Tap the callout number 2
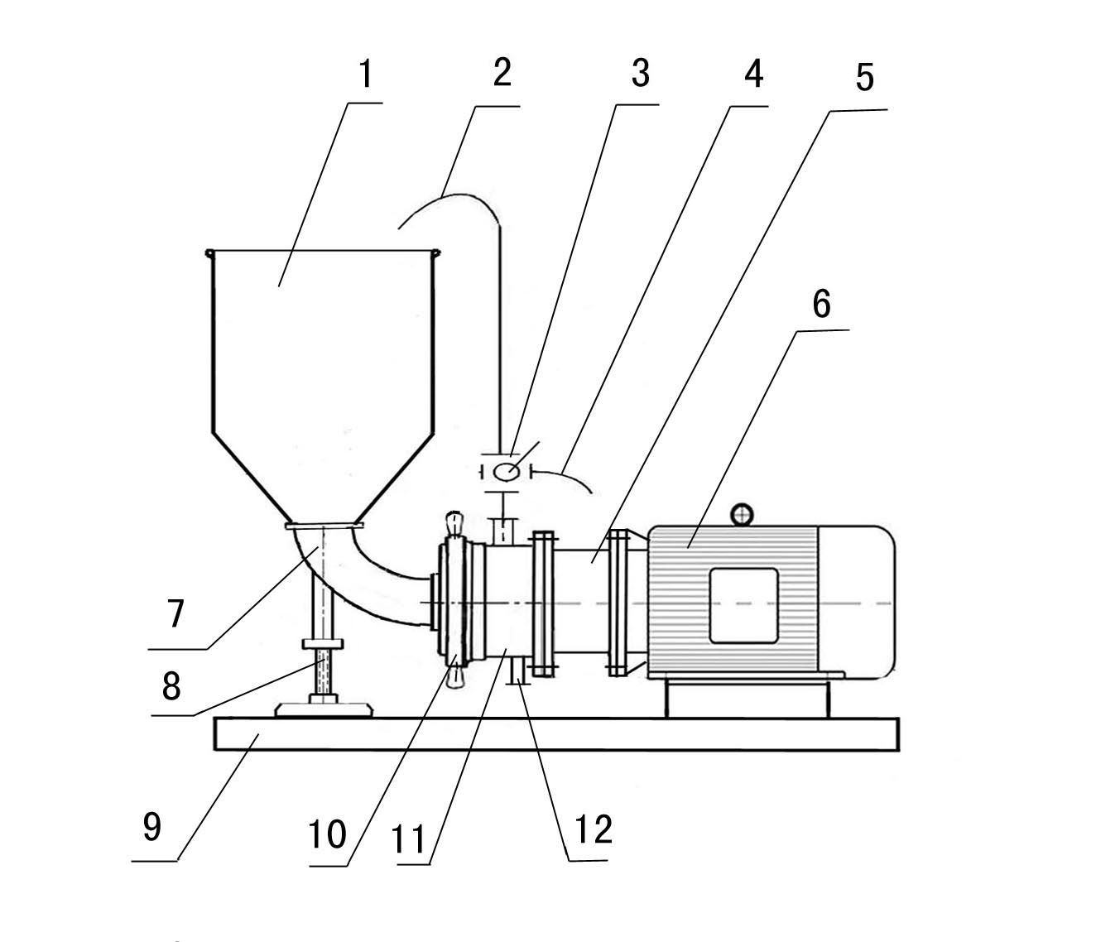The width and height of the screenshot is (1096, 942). click(x=502, y=73)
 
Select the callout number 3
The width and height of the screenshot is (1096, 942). click(x=641, y=74)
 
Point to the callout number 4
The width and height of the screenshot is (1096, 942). click(x=754, y=74)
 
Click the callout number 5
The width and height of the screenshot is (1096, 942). click(x=864, y=78)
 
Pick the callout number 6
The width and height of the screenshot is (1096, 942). click(x=821, y=305)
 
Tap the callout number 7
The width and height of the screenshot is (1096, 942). click(x=175, y=613)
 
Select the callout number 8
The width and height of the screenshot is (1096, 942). click(x=171, y=686)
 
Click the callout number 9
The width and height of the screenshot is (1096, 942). click(x=152, y=826)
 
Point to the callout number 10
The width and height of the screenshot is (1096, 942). click(x=328, y=834)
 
